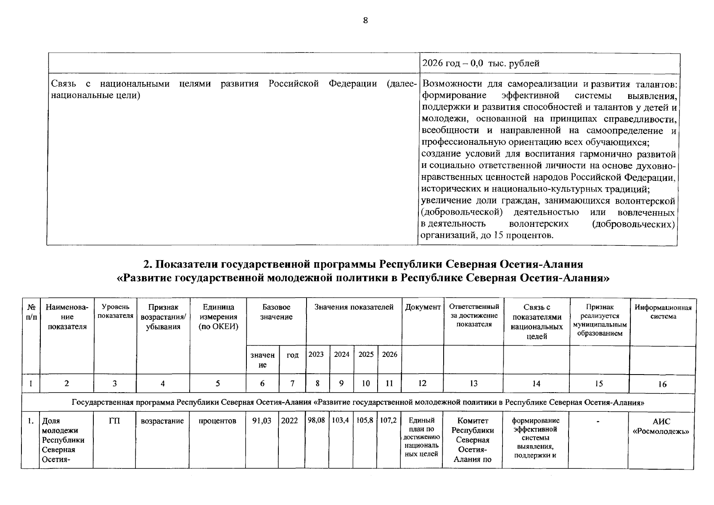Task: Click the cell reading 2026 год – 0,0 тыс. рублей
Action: [480, 64]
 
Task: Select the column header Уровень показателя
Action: [115, 311]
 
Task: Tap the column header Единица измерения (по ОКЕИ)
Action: [218, 317]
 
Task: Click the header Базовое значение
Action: [276, 312]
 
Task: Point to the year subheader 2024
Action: [341, 354]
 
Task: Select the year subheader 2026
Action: [389, 354]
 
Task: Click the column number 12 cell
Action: [422, 383]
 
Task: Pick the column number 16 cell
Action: [662, 384]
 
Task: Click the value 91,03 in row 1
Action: [262, 421]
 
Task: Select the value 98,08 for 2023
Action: [316, 420]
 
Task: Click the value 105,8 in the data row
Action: [365, 420]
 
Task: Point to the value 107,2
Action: [389, 420]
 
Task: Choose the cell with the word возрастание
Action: [162, 421]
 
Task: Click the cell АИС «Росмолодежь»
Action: [661, 426]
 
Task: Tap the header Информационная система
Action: [663, 312]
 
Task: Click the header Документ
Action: [423, 307]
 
